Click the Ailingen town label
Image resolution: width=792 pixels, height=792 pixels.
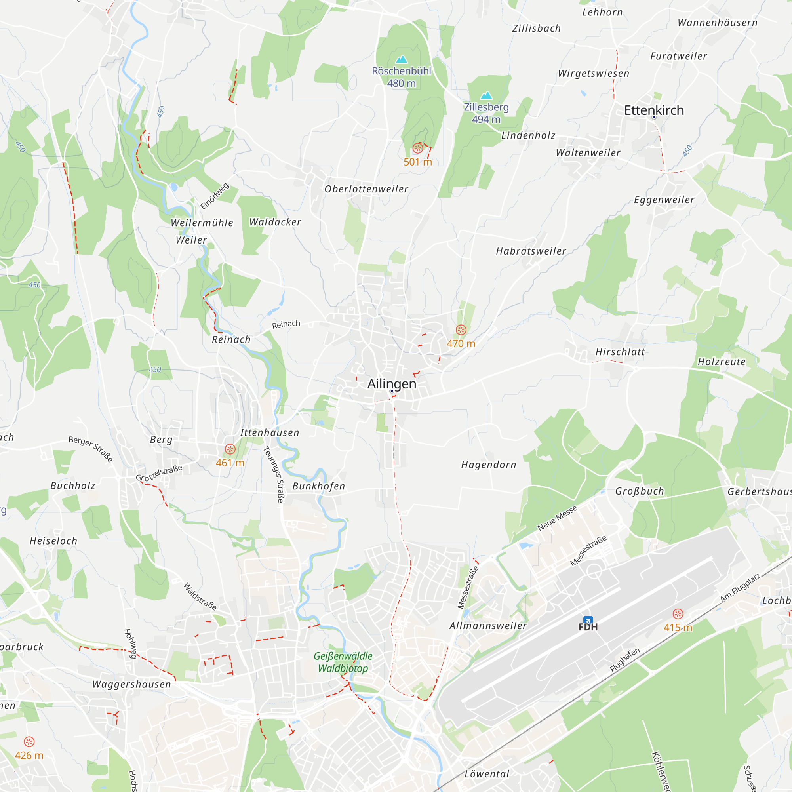392,384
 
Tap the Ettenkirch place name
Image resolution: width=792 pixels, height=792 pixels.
654,110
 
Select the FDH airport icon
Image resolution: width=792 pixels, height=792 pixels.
588,620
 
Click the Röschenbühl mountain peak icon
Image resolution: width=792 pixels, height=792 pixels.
401,60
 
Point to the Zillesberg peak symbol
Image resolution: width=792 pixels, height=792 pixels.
486,96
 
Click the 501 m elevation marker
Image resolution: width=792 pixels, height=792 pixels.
418,148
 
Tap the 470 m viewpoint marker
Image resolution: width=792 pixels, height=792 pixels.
461,330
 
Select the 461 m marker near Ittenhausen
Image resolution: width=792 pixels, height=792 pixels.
230,449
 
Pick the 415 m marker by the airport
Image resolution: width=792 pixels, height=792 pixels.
678,614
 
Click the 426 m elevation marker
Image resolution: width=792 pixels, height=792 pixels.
29,742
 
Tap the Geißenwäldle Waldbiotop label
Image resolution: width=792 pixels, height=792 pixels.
343,662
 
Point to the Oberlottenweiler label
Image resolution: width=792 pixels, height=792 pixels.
366,189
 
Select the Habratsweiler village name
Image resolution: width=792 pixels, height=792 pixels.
531,251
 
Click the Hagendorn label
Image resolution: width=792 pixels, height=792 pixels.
489,465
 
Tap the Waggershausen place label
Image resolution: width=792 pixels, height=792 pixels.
131,684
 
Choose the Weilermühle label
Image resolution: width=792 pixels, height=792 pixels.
202,223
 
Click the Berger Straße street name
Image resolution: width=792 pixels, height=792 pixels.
91,449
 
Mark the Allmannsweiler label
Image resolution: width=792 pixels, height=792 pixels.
488,626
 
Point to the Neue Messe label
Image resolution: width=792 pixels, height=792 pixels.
557,518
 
